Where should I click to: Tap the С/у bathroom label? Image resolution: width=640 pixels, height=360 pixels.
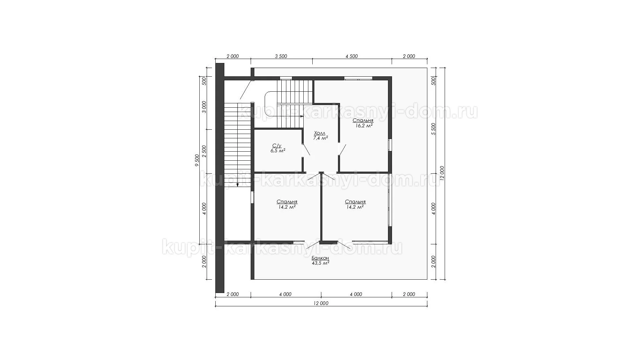pyautogui.click(x=277, y=146)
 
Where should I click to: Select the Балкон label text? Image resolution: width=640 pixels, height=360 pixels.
pyautogui.click(x=320, y=258)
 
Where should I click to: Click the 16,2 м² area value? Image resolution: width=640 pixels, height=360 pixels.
pyautogui.click(x=363, y=126)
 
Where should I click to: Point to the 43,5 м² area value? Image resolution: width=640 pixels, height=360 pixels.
pyautogui.click(x=320, y=263)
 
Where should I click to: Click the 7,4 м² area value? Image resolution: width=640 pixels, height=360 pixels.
pyautogui.click(x=320, y=138)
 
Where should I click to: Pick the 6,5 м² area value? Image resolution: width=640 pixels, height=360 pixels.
pyautogui.click(x=278, y=151)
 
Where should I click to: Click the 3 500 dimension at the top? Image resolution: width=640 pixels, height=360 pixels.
pyautogui.click(x=281, y=56)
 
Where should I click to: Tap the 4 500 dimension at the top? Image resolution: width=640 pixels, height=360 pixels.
pyautogui.click(x=352, y=56)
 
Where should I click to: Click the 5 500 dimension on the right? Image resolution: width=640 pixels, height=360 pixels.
pyautogui.click(x=433, y=129)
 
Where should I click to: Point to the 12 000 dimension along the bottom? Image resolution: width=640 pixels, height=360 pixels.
pyautogui.click(x=321, y=303)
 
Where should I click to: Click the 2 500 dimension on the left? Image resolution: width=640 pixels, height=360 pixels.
pyautogui.click(x=204, y=151)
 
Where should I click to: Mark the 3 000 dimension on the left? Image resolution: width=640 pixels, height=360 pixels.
pyautogui.click(x=204, y=107)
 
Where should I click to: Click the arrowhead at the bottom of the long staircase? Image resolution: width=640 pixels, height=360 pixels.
pyautogui.click(x=237, y=185)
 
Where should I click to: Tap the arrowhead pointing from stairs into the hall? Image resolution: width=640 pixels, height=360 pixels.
pyautogui.click(x=302, y=116)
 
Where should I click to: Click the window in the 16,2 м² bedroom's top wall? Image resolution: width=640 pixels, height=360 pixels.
pyautogui.click(x=358, y=78)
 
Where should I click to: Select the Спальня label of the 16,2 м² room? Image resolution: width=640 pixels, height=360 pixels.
pyautogui.click(x=363, y=121)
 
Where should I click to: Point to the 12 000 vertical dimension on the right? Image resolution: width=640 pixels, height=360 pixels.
pyautogui.click(x=442, y=173)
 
